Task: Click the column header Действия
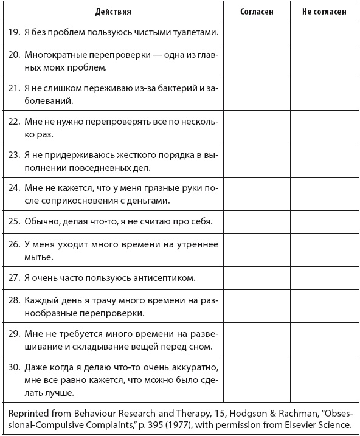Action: point(113,11)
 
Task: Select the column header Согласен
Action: point(257,11)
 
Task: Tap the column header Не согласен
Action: point(324,11)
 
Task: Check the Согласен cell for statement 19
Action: point(257,31)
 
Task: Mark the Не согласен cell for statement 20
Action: point(324,60)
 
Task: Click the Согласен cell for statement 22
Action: point(257,126)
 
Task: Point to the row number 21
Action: point(14,88)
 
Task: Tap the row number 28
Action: point(14,301)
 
